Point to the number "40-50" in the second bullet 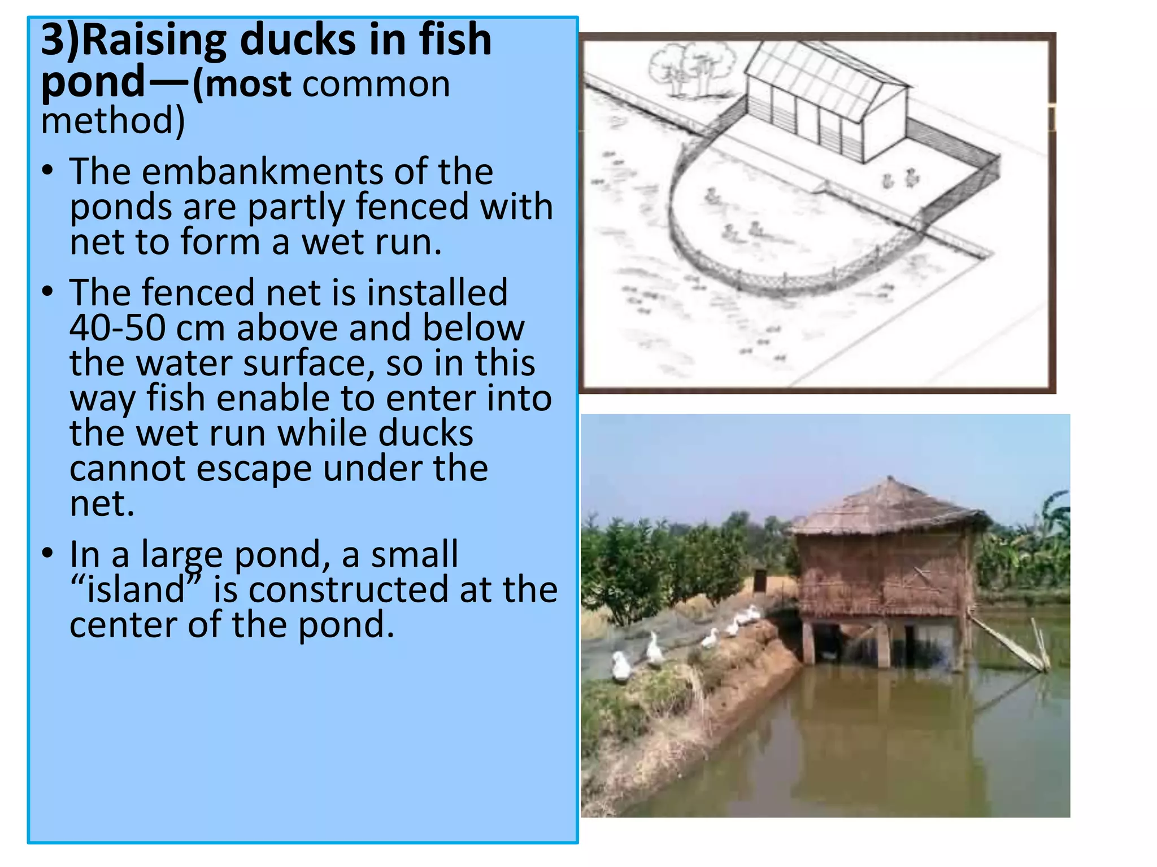coord(117,329)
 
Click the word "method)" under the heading coord(113,121)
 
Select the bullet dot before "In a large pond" coord(48,553)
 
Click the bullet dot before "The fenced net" coord(48,291)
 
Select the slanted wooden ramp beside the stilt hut coord(1006,641)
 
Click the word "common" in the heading coord(376,85)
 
